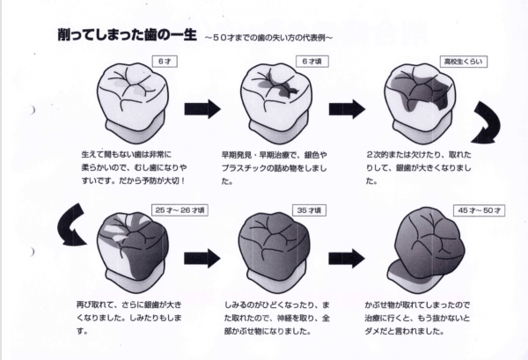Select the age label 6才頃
click(308, 61)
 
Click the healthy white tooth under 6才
click(132, 101)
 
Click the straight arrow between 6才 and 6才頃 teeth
click(202, 109)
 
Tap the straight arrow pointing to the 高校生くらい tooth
click(346, 109)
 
